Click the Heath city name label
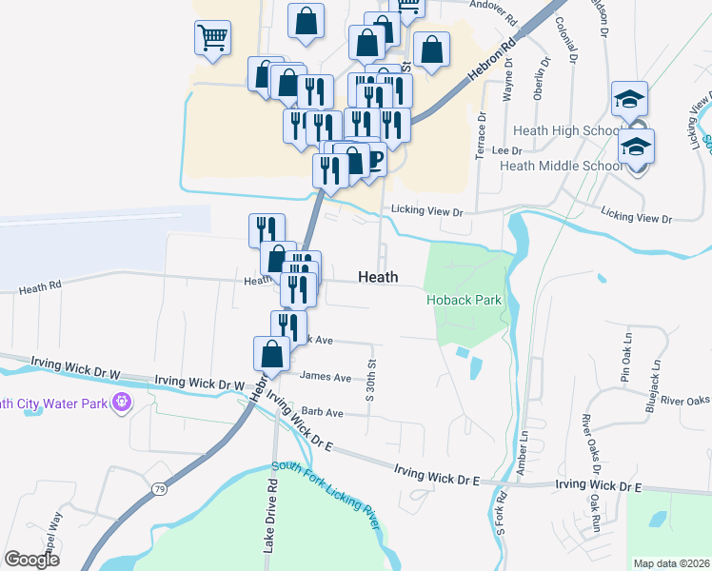pos(378,277)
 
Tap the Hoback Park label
pos(463,300)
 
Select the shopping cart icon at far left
pos(211,39)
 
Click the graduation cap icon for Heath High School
pos(630,99)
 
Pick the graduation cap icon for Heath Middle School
pos(636,148)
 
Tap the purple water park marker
pos(121,402)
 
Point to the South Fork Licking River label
pos(326,496)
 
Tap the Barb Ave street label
pos(321,413)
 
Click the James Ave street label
pos(326,377)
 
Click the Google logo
pos(31,559)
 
